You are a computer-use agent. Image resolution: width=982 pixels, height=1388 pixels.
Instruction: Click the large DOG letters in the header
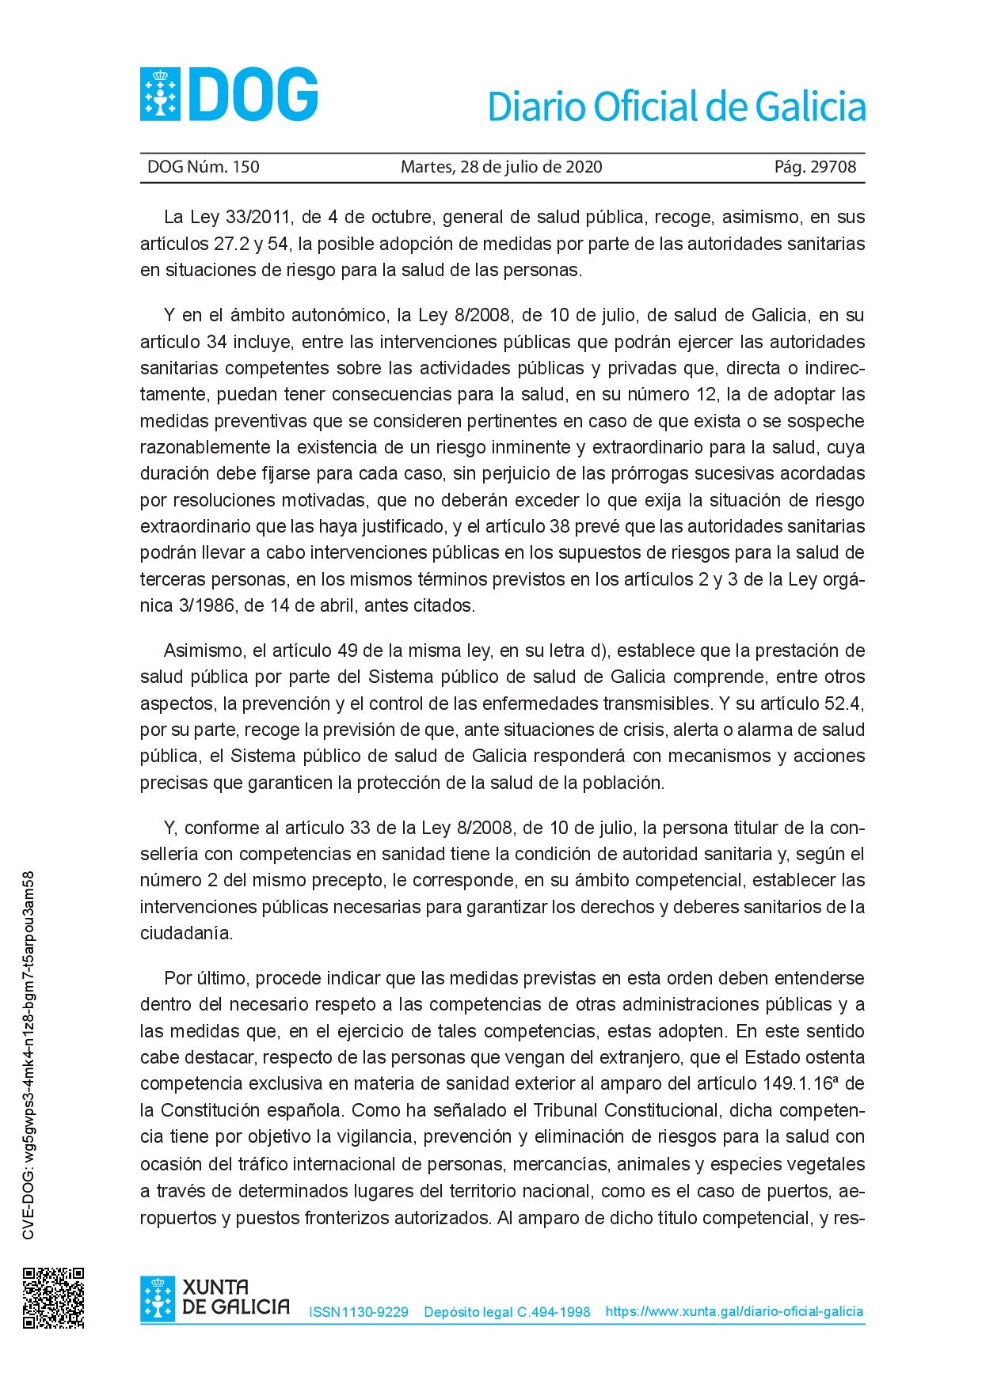253,95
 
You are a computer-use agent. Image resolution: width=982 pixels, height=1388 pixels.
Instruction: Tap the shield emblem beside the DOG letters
160,95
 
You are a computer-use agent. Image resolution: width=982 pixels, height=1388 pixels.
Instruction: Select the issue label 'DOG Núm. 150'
204,167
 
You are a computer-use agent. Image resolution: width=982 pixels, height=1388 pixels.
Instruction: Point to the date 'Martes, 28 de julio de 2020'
501,167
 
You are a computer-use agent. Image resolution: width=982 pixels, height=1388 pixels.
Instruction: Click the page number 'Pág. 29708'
815,167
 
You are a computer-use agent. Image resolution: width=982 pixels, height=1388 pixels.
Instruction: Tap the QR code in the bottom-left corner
53,1298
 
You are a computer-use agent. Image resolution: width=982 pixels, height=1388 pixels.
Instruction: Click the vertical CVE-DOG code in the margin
29,1056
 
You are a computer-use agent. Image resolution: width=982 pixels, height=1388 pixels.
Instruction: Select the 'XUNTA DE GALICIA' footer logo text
235,1297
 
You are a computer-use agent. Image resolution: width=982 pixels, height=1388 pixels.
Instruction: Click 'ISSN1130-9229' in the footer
359,1312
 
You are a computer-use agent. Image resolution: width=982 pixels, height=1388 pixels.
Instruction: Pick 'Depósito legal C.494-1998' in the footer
507,1312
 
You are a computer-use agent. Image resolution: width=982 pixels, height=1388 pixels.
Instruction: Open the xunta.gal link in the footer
734,1311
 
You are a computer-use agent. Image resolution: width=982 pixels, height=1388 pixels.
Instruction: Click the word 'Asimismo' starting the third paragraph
204,651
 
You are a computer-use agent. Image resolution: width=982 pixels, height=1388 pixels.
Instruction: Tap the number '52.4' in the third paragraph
844,703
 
